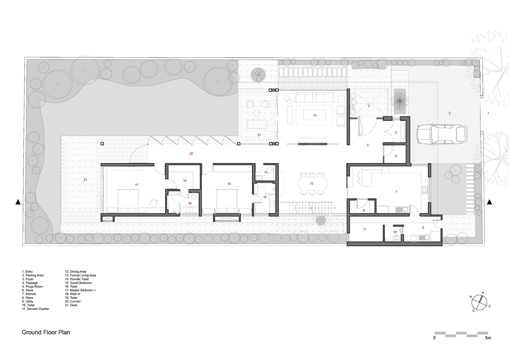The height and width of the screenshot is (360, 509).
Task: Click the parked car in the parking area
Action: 442,135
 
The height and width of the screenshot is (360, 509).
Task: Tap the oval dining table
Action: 313,183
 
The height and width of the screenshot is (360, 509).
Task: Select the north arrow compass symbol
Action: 479,302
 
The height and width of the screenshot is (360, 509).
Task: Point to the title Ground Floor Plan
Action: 46,332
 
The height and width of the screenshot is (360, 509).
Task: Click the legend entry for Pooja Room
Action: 32,287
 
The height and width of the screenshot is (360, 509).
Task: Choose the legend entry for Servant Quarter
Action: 35,309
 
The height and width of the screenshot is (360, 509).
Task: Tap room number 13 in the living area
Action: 315,116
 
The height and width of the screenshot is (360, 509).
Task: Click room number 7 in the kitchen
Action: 396,192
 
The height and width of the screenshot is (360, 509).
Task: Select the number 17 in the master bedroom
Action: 137,185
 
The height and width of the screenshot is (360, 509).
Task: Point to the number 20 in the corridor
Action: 191,154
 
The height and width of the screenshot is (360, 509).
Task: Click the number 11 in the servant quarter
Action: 365,229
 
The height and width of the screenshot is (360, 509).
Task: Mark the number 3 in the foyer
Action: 369,106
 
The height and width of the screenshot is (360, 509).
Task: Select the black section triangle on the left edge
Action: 18,202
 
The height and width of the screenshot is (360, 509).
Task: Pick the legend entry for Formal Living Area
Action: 80,275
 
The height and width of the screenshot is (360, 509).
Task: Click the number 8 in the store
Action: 364,211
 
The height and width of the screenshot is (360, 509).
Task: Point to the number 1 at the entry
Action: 488,113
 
